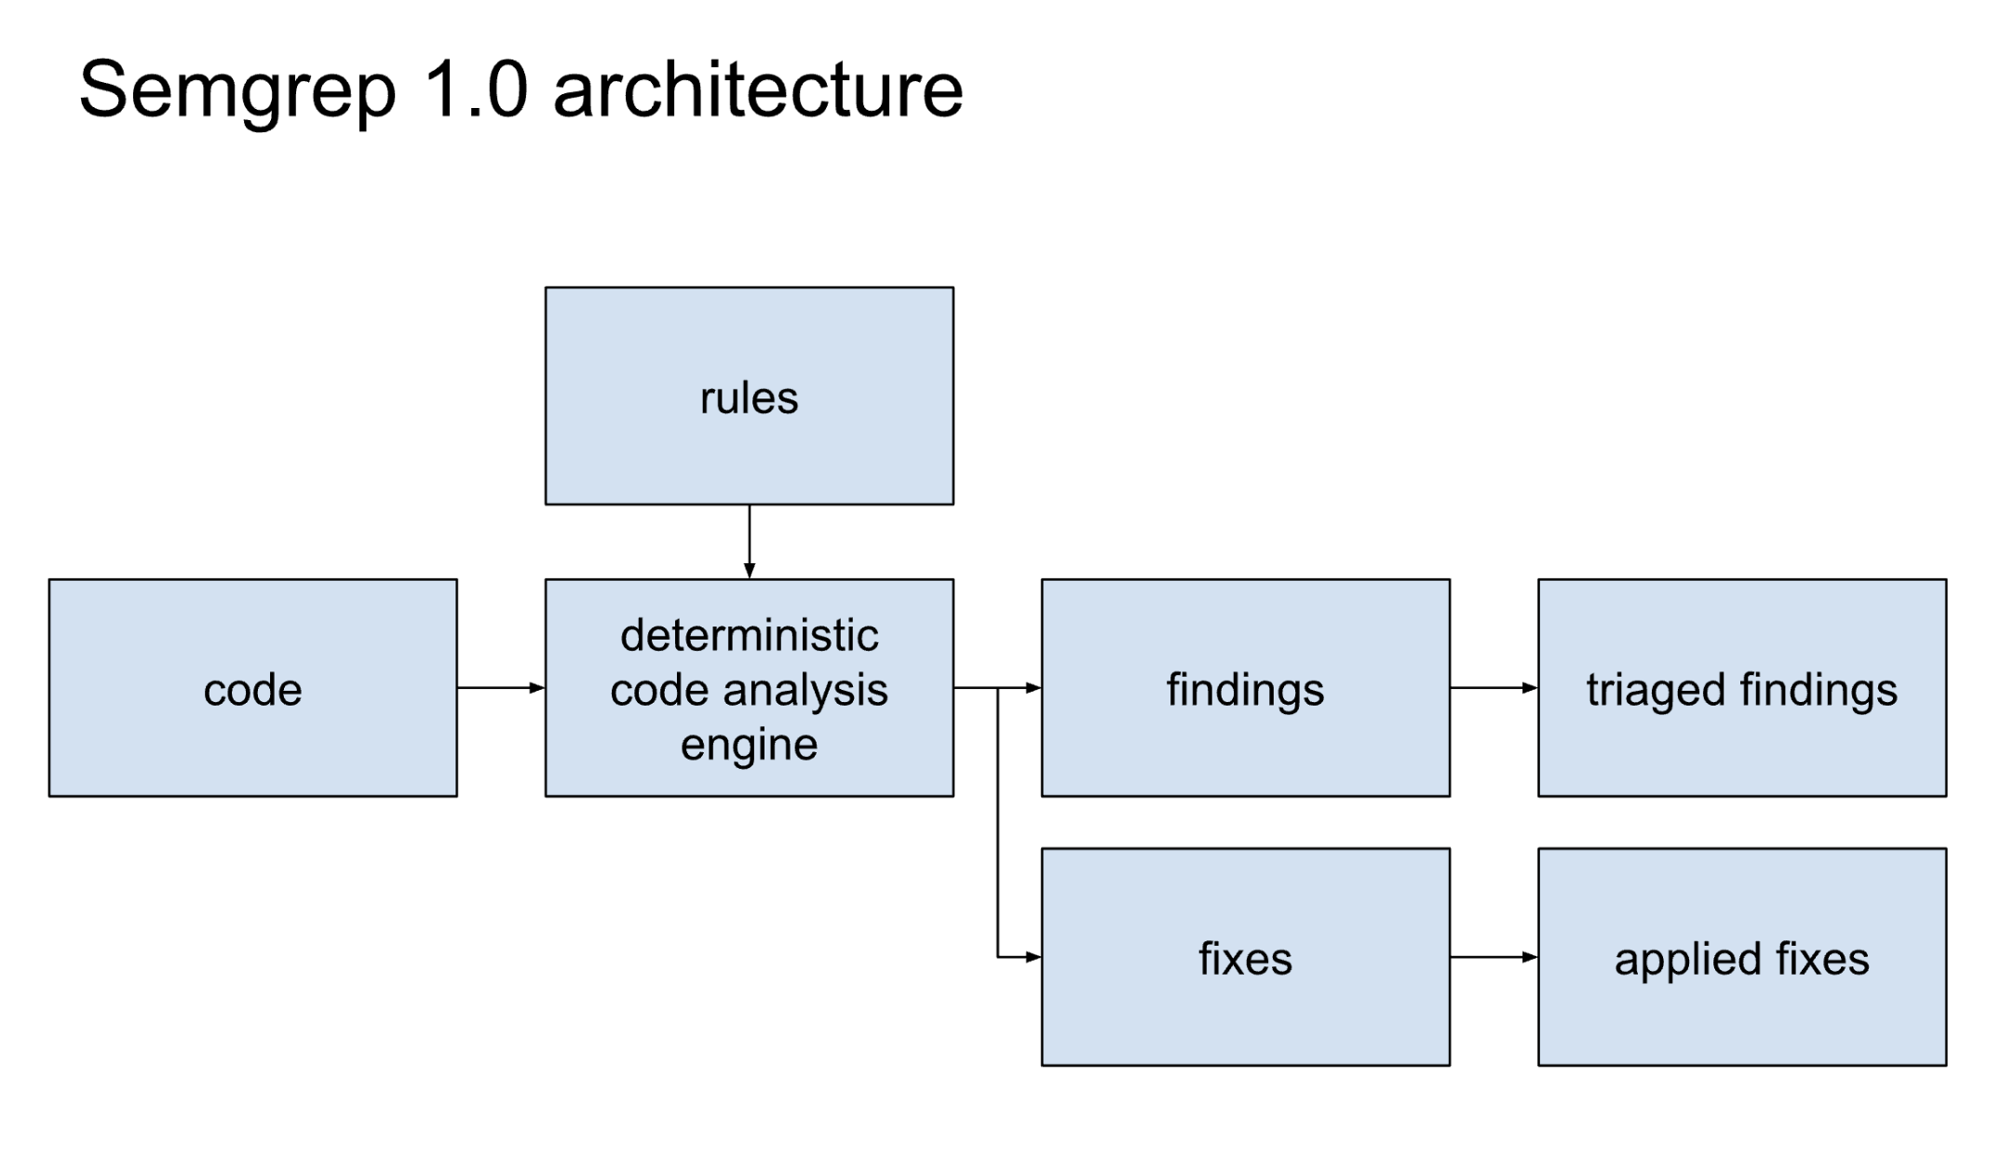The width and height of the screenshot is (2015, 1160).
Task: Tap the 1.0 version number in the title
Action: click(x=476, y=89)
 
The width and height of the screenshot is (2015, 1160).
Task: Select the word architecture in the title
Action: click(x=758, y=89)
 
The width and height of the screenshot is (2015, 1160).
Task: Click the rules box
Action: click(x=749, y=396)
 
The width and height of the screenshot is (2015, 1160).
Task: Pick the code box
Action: click(x=252, y=688)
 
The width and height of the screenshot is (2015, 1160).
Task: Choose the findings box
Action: click(x=1245, y=688)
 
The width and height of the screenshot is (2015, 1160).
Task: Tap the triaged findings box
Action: click(x=1742, y=688)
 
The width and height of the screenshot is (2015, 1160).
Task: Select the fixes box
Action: click(x=1245, y=956)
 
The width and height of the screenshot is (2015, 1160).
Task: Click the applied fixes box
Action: click(x=1742, y=956)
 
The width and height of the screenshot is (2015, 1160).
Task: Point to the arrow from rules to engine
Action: click(x=749, y=542)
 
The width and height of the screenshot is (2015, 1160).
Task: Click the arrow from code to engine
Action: click(x=501, y=688)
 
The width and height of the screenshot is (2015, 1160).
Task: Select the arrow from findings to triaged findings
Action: click(x=1494, y=688)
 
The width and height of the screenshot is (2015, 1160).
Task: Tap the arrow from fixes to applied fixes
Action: click(x=1494, y=956)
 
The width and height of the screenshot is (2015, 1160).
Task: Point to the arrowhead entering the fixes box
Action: click(x=1034, y=956)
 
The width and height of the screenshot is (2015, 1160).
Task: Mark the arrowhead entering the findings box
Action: click(x=1034, y=688)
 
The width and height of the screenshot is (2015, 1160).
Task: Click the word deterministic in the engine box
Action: click(x=749, y=635)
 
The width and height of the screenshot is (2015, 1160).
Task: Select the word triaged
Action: click(x=1656, y=691)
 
